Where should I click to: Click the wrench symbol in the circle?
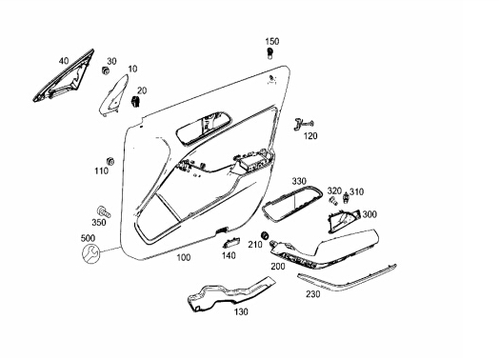90,253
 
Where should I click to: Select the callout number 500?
88,238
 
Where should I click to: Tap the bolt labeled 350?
104,211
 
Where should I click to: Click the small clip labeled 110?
110,161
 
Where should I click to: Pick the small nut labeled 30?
105,70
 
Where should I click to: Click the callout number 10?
132,70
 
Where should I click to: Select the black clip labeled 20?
135,101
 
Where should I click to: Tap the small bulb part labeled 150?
269,53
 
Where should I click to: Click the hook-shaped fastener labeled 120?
303,124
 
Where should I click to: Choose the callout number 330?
299,182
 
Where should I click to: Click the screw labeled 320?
333,201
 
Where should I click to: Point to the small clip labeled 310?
345,199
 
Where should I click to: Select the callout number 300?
369,214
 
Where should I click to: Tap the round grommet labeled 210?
265,235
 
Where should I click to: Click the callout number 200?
278,267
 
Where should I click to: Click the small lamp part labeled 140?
230,243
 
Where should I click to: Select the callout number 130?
241,312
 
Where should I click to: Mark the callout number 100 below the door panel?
184,257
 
